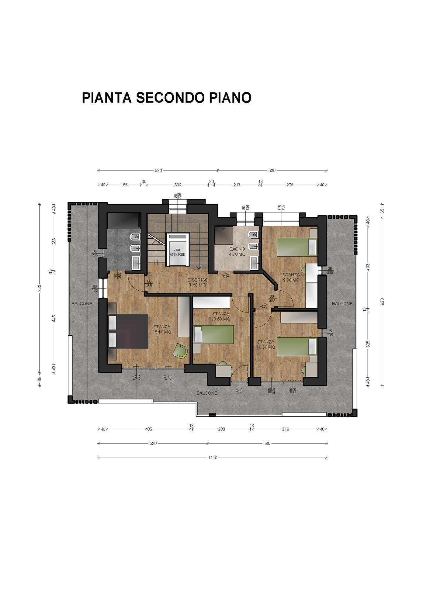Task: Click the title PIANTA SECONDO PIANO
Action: click(x=167, y=98)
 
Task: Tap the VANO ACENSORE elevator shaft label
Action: click(x=177, y=252)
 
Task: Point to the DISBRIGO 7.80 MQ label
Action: click(x=198, y=282)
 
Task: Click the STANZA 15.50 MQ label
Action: click(x=162, y=330)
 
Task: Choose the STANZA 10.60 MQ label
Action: click(x=221, y=316)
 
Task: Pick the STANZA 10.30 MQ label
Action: click(x=266, y=344)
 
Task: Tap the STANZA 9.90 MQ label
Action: click(x=291, y=277)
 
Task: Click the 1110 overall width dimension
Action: click(x=213, y=458)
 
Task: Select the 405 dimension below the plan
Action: click(x=148, y=429)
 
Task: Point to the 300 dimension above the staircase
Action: click(x=178, y=185)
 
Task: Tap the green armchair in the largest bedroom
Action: click(x=180, y=351)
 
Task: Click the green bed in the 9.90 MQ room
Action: click(x=297, y=247)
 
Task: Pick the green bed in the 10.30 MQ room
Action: click(x=297, y=347)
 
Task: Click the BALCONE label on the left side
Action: click(x=82, y=303)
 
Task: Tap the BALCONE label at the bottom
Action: click(x=207, y=393)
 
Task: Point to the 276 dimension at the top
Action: click(x=290, y=185)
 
